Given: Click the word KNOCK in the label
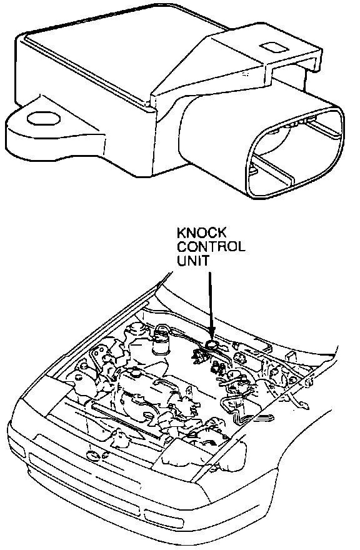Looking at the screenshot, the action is [201, 232].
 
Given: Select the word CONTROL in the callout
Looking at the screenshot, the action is [211, 247].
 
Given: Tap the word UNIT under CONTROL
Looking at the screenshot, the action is [193, 260].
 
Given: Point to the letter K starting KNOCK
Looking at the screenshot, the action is [182, 232].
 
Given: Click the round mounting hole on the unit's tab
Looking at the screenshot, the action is [44, 119].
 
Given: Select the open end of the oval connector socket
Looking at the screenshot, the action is [296, 153].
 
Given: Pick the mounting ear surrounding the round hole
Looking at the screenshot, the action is [52, 130].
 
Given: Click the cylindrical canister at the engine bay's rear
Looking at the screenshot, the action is [161, 339].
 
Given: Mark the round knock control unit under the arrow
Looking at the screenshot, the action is [211, 345].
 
